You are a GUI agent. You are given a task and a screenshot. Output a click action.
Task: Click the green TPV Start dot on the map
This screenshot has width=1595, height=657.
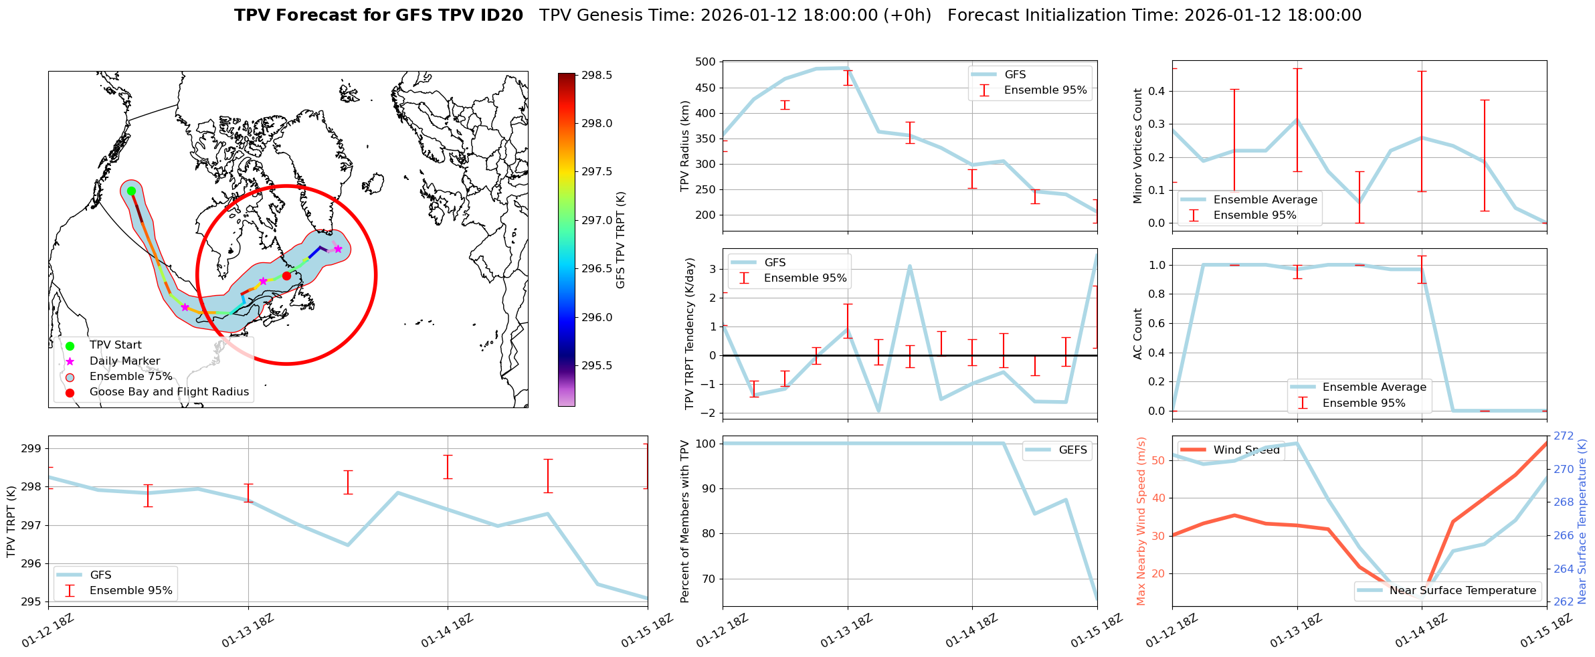click(x=131, y=191)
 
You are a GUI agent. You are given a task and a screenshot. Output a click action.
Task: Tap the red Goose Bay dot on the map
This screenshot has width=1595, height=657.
click(x=286, y=276)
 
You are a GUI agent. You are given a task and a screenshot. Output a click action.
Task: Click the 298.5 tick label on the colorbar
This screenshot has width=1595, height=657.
click(x=597, y=76)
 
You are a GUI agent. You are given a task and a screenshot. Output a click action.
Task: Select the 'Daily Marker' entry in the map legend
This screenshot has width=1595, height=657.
click(x=124, y=361)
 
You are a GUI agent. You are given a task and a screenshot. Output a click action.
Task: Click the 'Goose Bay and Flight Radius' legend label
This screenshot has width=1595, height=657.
click(x=169, y=392)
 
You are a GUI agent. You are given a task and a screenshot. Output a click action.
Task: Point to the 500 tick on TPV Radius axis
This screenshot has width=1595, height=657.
click(x=707, y=62)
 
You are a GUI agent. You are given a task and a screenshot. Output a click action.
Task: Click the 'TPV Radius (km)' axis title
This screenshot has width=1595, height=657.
click(x=684, y=146)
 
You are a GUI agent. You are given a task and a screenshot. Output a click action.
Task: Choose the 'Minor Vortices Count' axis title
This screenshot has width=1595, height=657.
click(x=1137, y=146)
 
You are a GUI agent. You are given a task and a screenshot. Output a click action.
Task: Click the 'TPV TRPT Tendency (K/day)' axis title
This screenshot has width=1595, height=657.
click(x=690, y=334)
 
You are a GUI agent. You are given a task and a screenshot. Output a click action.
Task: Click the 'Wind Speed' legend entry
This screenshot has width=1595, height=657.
click(x=1246, y=450)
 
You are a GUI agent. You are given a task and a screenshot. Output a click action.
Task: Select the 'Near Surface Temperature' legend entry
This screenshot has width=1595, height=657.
click(x=1463, y=591)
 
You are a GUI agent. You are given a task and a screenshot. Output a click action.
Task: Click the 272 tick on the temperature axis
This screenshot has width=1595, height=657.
click(x=1563, y=436)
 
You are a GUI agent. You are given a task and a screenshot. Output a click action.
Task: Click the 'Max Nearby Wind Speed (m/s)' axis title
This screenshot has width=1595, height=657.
click(x=1141, y=521)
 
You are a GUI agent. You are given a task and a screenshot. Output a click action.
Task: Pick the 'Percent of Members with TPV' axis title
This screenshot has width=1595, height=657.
click(x=684, y=521)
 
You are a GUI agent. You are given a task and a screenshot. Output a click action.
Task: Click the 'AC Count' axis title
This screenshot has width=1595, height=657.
click(x=1137, y=334)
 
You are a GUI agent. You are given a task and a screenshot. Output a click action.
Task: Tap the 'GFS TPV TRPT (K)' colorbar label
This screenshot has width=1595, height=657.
click(x=620, y=240)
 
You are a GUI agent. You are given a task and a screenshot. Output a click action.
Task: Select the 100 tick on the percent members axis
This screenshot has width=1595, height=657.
click(x=707, y=444)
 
